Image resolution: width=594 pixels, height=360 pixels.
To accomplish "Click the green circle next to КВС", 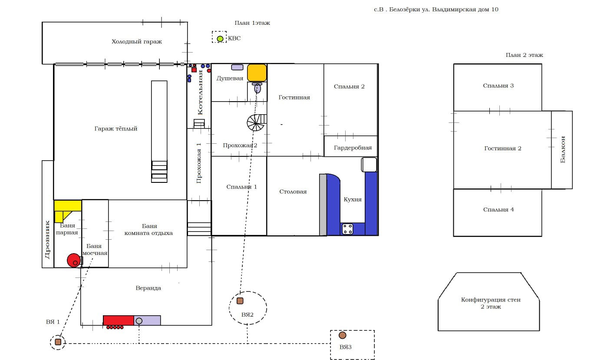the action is (x=220, y=39).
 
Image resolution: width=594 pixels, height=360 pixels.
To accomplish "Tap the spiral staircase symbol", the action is (x=255, y=123).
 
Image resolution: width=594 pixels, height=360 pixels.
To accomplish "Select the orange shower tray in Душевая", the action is (x=257, y=73).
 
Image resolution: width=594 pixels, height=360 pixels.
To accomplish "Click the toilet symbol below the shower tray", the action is (x=257, y=88).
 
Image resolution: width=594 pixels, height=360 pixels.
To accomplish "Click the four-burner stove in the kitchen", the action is (x=347, y=229).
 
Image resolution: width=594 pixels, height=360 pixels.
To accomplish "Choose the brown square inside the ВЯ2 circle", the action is (x=240, y=301).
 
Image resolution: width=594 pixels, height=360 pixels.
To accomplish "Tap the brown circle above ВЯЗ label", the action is (x=343, y=335).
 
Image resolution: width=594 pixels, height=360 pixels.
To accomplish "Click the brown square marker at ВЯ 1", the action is (x=58, y=342).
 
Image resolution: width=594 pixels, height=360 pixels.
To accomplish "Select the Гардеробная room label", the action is (x=353, y=148).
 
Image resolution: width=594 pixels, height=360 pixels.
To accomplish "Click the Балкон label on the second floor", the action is (x=563, y=149).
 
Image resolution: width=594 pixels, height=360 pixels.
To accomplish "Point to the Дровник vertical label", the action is (x=48, y=239).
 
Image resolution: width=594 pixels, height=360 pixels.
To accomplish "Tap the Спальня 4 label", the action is (x=498, y=210).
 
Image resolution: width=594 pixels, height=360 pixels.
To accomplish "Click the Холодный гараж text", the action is (x=136, y=42).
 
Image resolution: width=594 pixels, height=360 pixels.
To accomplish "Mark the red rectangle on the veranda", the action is (x=118, y=320).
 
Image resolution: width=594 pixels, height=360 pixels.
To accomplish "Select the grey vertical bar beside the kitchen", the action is (x=323, y=205).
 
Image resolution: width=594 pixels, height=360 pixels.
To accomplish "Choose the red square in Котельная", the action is (x=194, y=70).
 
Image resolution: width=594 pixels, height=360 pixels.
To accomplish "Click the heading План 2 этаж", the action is (x=524, y=55).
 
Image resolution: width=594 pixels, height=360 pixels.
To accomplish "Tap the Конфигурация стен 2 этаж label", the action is (x=491, y=303).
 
